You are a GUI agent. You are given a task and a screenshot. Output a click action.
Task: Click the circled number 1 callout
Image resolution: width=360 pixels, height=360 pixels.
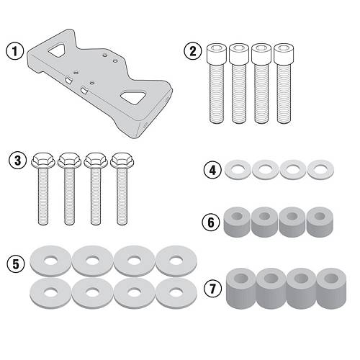pos(15,51)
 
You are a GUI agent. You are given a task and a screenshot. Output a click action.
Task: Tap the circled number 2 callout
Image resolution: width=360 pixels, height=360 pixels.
pos(193,51)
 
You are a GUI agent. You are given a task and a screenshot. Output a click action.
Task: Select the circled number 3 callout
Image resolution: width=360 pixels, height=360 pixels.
pos(18,161)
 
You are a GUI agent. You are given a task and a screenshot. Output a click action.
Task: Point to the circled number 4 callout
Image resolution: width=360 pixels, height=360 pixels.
pos(213,171)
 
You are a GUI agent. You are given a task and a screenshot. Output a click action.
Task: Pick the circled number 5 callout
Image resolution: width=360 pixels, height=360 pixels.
pos(16,264)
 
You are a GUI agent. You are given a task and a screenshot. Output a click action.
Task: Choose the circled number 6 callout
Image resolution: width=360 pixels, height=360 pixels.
pos(211,222)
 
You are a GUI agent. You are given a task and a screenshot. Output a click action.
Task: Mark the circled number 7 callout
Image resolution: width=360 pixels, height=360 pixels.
pos(213,288)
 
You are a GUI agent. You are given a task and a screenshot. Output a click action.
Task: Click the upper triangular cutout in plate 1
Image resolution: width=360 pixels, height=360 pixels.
pos(57,50)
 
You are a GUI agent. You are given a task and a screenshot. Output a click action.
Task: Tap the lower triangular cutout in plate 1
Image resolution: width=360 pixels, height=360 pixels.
pos(133,97)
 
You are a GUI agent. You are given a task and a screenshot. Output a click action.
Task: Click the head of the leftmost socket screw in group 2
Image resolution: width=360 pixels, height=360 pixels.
pos(217,53)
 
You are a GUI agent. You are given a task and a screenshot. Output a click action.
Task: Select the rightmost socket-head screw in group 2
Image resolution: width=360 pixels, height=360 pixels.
pos(284,84)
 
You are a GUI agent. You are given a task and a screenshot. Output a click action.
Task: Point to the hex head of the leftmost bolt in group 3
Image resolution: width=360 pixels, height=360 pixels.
pos(43,160)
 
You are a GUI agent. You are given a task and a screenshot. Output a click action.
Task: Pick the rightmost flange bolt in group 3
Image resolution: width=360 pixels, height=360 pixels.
pos(122,189)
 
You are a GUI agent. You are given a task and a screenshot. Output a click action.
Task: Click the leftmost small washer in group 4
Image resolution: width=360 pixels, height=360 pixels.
pos(238,170)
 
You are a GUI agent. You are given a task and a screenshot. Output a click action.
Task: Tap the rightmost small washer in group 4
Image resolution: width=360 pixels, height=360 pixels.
pos(320,170)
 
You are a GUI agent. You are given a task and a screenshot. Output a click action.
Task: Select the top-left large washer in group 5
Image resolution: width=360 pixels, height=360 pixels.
pos(50,261)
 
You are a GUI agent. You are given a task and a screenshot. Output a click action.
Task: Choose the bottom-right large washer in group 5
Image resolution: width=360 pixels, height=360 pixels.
pos(176,293)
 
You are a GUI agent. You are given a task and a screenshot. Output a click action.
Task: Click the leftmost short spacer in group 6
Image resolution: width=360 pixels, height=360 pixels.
pos(237,222)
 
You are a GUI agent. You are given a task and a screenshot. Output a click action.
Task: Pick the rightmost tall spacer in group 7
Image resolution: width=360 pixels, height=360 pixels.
pos(331,289)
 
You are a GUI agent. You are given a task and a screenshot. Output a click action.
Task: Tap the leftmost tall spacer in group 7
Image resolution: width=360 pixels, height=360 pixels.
pos(241,289)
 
